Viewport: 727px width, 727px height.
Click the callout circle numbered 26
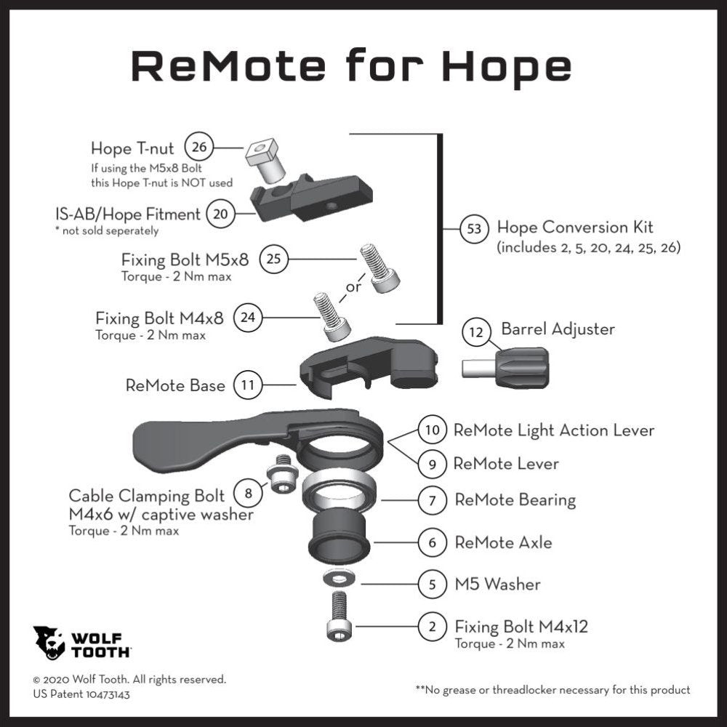click(x=199, y=147)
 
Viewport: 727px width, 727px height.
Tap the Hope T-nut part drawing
click(x=265, y=161)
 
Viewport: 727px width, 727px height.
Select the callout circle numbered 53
click(x=474, y=228)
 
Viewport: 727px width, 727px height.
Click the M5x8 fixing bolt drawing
click(x=379, y=268)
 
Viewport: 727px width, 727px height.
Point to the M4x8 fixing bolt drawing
click(x=332, y=318)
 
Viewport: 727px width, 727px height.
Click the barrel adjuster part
click(x=506, y=368)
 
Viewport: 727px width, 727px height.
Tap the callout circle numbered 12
click(x=476, y=332)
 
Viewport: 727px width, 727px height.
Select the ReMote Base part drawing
click(x=368, y=367)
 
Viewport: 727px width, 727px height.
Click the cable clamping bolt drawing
click(x=281, y=474)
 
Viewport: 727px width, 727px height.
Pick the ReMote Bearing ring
click(x=340, y=489)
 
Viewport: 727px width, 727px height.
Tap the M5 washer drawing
click(x=339, y=578)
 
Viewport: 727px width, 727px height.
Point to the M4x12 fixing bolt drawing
click(x=339, y=616)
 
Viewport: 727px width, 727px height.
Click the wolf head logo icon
click(x=49, y=643)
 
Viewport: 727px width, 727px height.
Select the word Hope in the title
click(x=507, y=66)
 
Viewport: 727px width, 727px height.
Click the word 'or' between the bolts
click(x=353, y=287)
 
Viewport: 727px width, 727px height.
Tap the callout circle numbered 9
click(x=432, y=464)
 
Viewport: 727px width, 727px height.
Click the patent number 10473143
click(x=105, y=694)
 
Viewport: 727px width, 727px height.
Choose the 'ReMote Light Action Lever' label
click(x=553, y=430)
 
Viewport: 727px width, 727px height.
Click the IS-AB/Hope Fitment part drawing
click(x=311, y=198)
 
